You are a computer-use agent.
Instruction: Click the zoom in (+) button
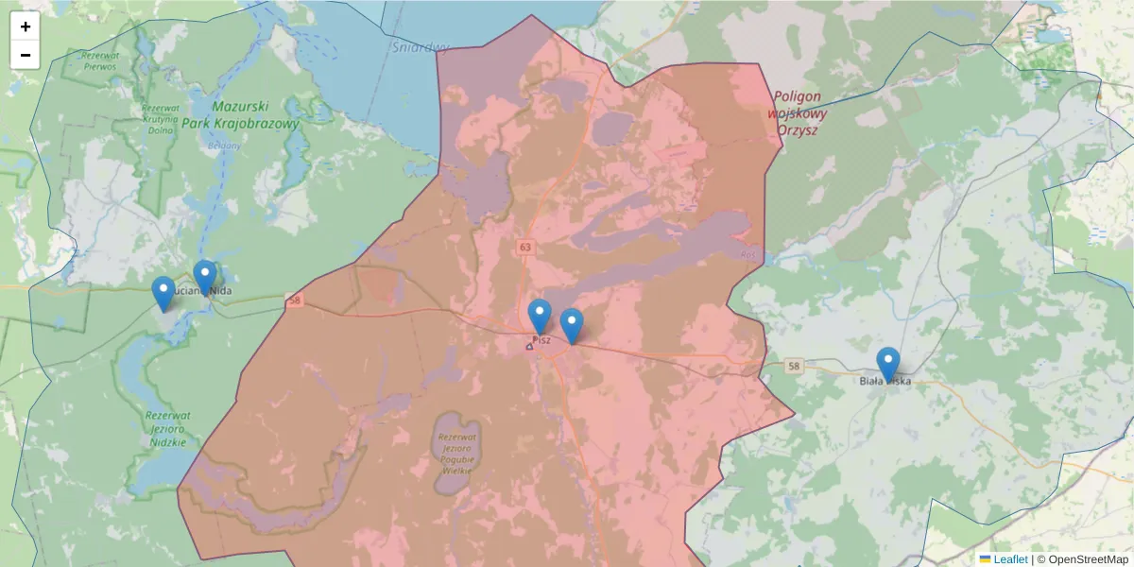point(26,26)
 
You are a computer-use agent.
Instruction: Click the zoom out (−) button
point(26,55)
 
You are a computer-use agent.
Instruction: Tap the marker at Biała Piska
point(887,365)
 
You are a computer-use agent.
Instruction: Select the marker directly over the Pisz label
point(540,317)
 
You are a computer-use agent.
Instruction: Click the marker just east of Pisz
point(571,326)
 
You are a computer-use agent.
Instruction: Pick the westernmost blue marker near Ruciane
point(163,294)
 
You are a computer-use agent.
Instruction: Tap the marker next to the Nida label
point(205,278)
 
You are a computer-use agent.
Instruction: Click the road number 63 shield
point(524,247)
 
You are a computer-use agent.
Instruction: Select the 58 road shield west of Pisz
point(295,301)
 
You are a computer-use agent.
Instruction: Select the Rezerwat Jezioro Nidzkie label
point(168,428)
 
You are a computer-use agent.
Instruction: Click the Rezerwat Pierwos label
point(101,61)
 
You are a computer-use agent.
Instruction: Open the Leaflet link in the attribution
point(1010,559)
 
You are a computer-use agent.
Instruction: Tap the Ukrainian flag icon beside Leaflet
point(985,559)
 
